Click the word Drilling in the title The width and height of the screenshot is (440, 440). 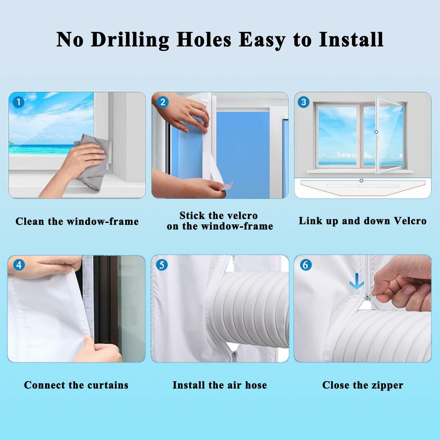click(129, 40)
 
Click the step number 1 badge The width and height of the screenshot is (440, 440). click(19, 102)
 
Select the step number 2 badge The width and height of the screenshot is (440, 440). click(162, 102)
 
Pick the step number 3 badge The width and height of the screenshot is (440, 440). click(304, 102)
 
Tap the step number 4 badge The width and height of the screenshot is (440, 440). click(19, 265)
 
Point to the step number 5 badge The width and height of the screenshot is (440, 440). click(162, 265)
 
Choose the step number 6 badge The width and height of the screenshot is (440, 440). click(305, 265)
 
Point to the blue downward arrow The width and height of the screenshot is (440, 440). click(357, 282)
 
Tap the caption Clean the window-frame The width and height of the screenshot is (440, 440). click(77, 221)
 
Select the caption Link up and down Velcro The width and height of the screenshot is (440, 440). click(363, 221)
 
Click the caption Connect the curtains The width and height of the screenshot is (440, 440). click(76, 385)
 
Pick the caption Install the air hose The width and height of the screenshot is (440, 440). click(220, 385)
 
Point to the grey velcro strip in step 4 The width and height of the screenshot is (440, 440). click(88, 297)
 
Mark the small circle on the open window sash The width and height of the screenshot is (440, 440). click(376, 132)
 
